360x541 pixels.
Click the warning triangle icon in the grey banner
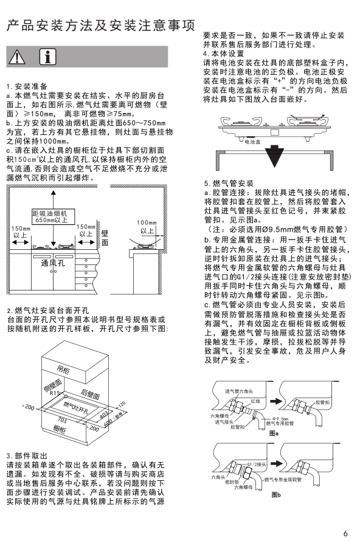[17, 57]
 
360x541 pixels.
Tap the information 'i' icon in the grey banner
[47, 57]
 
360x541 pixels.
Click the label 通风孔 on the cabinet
[53, 263]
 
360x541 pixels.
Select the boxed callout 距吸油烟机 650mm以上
[49, 216]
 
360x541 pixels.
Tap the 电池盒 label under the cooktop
[252, 142]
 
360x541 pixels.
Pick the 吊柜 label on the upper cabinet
[63, 370]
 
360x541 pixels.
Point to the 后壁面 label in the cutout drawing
[90, 394]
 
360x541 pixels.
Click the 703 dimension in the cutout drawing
[63, 420]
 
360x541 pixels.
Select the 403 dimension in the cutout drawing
[103, 416]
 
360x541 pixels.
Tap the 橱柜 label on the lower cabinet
[60, 430]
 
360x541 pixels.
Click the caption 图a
[274, 433]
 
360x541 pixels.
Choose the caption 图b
[276, 495]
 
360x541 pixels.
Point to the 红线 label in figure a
[255, 401]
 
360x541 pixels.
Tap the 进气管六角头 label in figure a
[239, 391]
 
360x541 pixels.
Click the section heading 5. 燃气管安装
[229, 183]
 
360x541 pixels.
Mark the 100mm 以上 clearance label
[147, 227]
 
